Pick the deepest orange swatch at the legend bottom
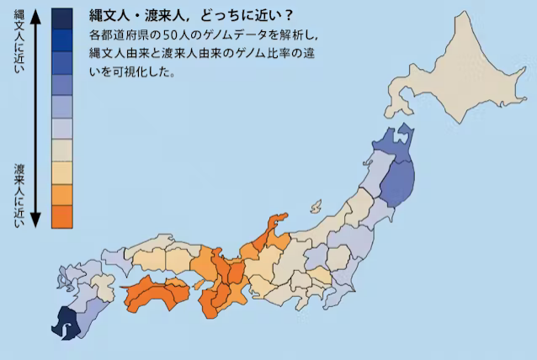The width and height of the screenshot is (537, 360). [x=61, y=216]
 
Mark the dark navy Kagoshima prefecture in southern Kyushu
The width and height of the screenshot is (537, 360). [x=63, y=321]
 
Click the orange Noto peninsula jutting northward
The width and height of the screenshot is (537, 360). [x=274, y=225]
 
